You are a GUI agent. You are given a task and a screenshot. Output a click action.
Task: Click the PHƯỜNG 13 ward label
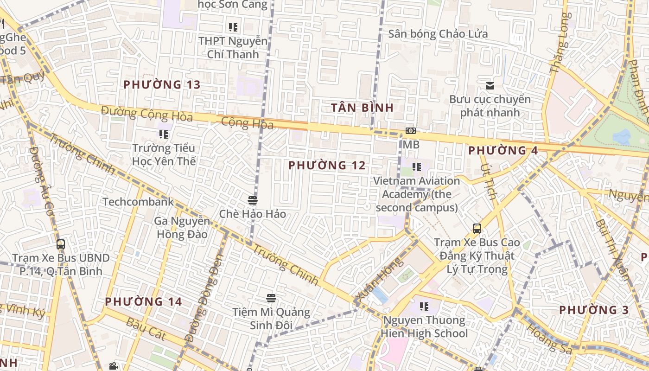coord(162,84)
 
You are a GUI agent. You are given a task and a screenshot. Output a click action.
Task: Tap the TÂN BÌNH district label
coord(363,108)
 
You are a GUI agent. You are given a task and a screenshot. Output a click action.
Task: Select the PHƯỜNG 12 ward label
coord(327,165)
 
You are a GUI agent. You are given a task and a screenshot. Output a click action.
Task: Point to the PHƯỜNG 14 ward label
coord(143,301)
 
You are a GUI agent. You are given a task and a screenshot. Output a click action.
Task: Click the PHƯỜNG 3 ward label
coord(594,310)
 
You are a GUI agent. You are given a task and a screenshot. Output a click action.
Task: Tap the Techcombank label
coord(138,202)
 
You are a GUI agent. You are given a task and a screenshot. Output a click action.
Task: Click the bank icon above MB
coord(410,131)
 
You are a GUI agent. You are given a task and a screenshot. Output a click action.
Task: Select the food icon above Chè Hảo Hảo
coord(253,200)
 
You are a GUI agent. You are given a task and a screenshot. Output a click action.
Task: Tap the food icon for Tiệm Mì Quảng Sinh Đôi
coord(271,298)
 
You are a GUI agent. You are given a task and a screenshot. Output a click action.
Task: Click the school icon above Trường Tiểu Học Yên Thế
coord(164,134)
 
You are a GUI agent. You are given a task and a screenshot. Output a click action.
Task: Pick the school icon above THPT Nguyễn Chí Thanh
coord(233,27)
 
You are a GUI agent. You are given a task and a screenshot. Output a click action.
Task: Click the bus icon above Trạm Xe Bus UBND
coord(61,244)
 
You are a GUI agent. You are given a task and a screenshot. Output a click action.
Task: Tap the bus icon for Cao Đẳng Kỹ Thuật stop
coord(477,228)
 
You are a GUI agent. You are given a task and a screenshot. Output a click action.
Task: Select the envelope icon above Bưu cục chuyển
coord(490,85)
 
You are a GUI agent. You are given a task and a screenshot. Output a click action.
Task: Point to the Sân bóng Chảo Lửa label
coord(438,34)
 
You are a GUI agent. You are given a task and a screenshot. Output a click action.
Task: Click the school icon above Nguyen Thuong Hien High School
coord(424,306)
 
